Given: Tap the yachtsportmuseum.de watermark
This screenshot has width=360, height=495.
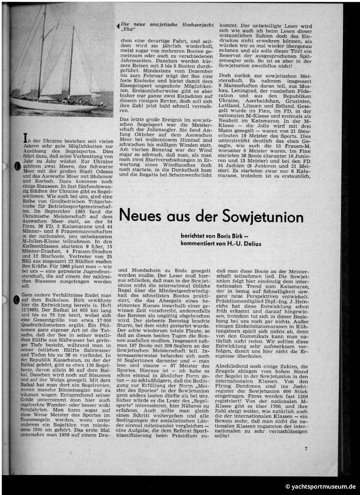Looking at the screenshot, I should pyautogui.click(x=321, y=487).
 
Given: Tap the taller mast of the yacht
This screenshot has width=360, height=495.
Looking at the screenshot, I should pyautogui.click(x=43, y=49).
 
